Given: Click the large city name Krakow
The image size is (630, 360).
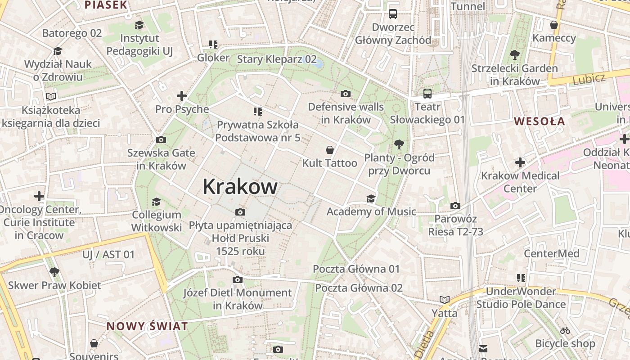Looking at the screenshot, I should [240, 186].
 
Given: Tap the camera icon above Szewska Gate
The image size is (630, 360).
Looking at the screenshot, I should [161, 140].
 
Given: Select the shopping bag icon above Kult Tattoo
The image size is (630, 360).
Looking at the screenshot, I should [330, 150].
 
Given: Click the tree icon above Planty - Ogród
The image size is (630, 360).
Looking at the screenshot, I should [398, 144].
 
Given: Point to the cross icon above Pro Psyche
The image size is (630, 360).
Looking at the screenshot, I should [182, 96].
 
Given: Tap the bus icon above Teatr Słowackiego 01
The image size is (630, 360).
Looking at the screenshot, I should [427, 94].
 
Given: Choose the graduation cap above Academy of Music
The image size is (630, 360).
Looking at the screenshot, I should [371, 198].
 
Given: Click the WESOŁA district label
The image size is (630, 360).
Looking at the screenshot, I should [539, 121].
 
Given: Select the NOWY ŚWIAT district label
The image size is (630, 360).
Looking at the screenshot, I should [147, 326].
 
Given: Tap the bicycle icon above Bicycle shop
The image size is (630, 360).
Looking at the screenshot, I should [565, 330].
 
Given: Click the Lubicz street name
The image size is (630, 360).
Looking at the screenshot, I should [589, 79].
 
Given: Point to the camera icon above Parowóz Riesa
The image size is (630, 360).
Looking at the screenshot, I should [455, 206].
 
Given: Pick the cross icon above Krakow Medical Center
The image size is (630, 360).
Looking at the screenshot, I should [520, 162].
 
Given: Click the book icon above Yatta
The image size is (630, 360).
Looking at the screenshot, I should [445, 300].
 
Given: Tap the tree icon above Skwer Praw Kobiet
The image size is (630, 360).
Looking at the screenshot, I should [54, 272].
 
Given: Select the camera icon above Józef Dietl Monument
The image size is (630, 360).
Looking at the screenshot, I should [238, 280].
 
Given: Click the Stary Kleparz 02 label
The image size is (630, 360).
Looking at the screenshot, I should [277, 59].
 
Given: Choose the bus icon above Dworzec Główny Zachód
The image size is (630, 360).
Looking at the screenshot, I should [393, 14].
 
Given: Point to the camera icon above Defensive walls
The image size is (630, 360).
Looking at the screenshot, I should [346, 94].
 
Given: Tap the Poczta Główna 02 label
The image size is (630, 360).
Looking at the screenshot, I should [359, 288].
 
